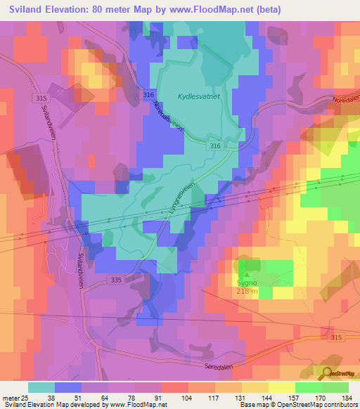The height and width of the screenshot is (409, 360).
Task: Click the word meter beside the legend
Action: (11, 397)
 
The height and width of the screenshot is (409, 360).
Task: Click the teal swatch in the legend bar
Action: (41, 387)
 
